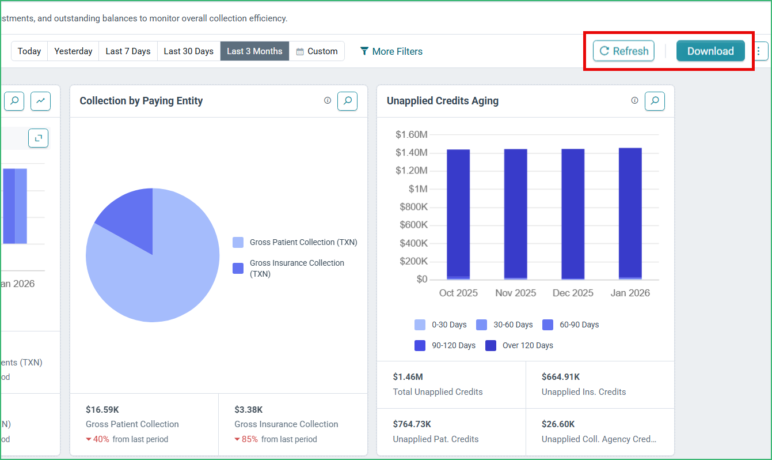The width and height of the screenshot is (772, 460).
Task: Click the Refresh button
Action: [623, 51]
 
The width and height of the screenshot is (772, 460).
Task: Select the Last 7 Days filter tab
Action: [128, 51]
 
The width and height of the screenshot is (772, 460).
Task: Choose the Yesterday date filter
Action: [73, 51]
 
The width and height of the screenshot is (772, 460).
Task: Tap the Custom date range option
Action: [317, 51]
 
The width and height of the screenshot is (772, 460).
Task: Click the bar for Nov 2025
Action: [516, 214]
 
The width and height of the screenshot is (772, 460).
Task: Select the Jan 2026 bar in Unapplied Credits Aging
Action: [630, 213]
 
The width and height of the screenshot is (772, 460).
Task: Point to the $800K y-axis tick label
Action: [413, 207]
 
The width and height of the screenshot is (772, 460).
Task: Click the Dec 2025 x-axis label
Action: [573, 293]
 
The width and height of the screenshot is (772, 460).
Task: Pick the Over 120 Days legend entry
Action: [519, 345]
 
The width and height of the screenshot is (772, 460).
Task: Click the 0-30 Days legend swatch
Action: [420, 325]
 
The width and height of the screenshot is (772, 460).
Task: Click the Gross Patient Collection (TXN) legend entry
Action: [295, 242]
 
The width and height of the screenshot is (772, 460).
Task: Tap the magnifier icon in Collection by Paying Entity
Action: [347, 101]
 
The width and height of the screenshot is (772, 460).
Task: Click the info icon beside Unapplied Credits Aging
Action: [634, 100]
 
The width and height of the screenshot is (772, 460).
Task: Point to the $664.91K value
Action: [561, 377]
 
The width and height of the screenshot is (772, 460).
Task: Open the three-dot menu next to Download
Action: [759, 51]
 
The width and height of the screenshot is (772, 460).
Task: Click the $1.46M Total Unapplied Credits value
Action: [408, 377]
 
